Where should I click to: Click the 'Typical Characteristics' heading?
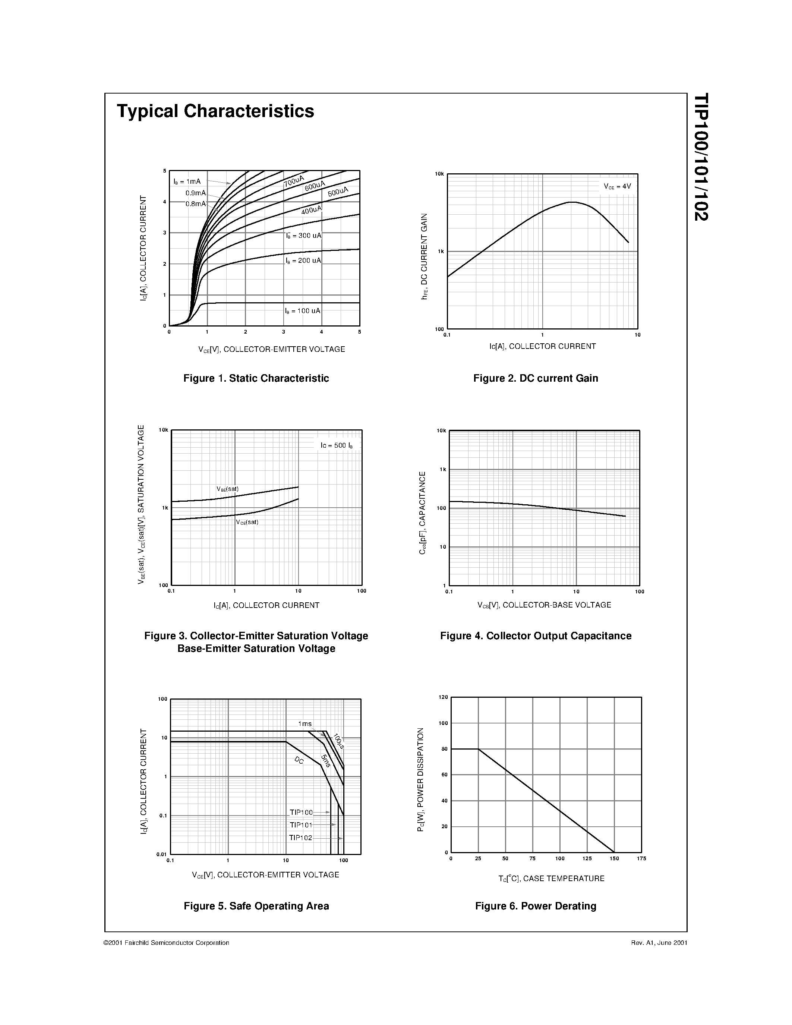(215, 111)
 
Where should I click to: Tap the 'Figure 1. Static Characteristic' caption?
(256, 378)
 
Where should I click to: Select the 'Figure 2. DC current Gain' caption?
(535, 378)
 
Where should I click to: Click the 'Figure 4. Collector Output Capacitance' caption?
(535, 636)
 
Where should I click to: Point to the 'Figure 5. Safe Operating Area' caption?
(256, 906)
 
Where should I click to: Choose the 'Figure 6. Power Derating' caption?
(535, 906)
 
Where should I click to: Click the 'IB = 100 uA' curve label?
(303, 311)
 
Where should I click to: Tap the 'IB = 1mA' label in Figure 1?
(187, 182)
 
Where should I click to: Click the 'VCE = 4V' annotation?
(617, 186)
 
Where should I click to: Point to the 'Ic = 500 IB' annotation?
(337, 445)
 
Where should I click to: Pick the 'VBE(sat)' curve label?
(228, 489)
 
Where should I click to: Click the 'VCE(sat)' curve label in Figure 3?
(247, 522)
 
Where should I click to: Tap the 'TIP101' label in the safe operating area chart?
(301, 824)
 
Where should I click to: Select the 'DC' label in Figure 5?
(299, 760)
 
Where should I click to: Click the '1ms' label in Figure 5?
(305, 724)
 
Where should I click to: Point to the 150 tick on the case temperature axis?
(614, 858)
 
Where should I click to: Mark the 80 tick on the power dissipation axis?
(444, 749)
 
